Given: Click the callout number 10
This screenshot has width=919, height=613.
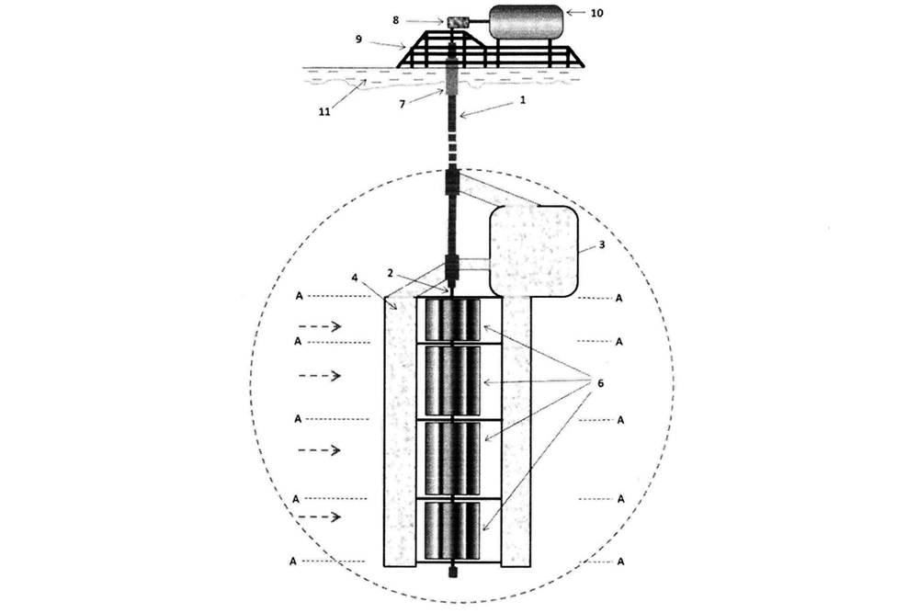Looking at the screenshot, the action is (x=596, y=13).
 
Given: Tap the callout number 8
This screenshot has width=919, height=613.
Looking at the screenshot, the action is (x=395, y=20).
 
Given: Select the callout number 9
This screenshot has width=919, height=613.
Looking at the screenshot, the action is (x=358, y=40).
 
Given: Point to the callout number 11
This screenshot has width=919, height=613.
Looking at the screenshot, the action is (x=324, y=111).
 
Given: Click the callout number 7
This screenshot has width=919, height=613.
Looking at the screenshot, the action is (x=403, y=105).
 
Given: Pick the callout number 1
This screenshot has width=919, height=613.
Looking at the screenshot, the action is (x=523, y=100).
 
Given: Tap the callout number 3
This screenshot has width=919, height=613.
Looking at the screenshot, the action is (x=601, y=245).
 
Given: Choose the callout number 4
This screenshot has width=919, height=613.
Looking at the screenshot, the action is (x=354, y=277).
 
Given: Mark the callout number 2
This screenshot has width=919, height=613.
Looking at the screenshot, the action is (x=390, y=273).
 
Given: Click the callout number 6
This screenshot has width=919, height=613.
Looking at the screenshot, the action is (x=600, y=383).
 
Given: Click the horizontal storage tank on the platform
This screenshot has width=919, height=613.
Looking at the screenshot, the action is (x=526, y=22).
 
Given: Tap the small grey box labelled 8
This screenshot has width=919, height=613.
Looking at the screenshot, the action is (x=457, y=22).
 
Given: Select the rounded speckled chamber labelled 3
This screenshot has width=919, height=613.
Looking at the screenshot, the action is (x=534, y=251).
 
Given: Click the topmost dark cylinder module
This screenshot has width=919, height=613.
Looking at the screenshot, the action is (x=452, y=320).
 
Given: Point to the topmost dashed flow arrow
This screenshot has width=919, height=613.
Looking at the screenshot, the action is (x=320, y=326).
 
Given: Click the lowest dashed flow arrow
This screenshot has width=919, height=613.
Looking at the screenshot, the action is (x=320, y=517).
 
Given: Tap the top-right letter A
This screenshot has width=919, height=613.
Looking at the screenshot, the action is (x=618, y=299).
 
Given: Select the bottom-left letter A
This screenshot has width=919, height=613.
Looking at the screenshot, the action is (x=293, y=562).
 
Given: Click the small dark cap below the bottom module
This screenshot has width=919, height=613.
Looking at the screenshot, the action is (x=452, y=572).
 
